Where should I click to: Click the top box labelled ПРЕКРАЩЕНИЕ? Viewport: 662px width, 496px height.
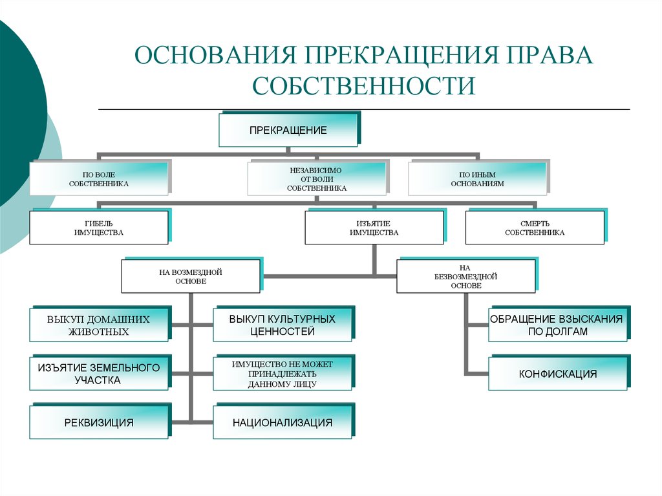click(x=289, y=130)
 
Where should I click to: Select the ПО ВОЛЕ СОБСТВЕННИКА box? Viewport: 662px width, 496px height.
click(x=100, y=178)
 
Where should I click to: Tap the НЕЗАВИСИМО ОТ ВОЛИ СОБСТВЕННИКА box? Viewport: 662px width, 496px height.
click(x=317, y=178)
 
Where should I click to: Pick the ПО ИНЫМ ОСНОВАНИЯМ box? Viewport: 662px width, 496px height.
click(x=478, y=178)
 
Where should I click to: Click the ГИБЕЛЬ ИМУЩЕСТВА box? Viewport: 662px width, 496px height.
click(x=100, y=227)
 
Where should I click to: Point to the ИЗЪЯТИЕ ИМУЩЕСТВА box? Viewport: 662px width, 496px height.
click(x=375, y=227)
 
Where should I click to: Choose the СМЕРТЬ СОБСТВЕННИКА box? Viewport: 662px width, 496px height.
click(x=536, y=227)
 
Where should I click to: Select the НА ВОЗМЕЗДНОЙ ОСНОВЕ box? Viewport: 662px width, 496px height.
click(x=191, y=275)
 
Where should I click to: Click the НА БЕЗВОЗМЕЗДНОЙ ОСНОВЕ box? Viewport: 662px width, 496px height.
click(x=467, y=275)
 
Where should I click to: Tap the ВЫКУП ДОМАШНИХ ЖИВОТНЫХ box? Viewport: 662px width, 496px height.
click(x=100, y=324)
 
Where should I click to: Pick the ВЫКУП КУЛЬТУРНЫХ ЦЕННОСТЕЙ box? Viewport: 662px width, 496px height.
click(x=283, y=324)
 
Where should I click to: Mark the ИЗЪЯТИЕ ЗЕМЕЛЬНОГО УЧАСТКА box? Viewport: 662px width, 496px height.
click(x=100, y=372)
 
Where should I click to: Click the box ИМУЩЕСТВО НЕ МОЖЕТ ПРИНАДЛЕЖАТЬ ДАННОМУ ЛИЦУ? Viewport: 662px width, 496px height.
click(x=283, y=372)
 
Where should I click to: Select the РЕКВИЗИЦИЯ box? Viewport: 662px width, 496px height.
click(x=100, y=421)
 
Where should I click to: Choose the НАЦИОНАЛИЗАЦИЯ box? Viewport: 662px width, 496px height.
click(x=283, y=421)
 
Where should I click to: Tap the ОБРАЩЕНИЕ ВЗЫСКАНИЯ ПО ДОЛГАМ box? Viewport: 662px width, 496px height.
click(x=559, y=324)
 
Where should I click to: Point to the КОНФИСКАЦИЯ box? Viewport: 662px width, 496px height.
click(x=559, y=372)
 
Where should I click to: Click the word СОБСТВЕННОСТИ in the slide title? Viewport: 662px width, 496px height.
click(x=364, y=85)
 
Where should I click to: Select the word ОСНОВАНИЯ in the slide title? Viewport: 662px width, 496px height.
click(x=215, y=55)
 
